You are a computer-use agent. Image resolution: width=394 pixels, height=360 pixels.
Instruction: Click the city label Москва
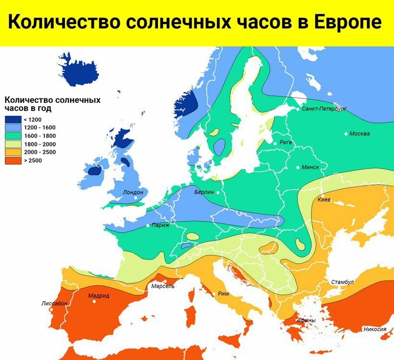(359, 133)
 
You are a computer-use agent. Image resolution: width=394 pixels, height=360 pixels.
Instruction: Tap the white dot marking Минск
(299, 168)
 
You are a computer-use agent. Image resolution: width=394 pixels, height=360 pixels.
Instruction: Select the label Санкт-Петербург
(324, 109)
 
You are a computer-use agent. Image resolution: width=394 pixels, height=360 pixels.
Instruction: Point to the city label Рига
(285, 143)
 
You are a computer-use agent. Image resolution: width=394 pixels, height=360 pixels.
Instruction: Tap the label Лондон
(133, 192)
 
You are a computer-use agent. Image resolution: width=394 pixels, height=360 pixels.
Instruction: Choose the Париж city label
(160, 225)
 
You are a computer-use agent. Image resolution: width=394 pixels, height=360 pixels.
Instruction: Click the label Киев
(324, 199)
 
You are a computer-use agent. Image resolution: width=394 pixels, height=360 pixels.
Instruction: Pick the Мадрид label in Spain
(98, 296)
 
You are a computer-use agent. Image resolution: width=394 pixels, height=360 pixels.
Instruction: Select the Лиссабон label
(54, 304)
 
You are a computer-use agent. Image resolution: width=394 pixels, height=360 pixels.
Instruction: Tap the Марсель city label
(163, 286)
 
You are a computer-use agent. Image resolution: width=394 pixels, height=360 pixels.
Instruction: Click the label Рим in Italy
(223, 294)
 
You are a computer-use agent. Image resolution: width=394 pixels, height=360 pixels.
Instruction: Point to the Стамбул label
(342, 282)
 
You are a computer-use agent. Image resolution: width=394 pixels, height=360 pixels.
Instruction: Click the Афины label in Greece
(306, 320)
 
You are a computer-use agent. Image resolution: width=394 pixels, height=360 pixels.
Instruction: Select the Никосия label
(375, 329)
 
